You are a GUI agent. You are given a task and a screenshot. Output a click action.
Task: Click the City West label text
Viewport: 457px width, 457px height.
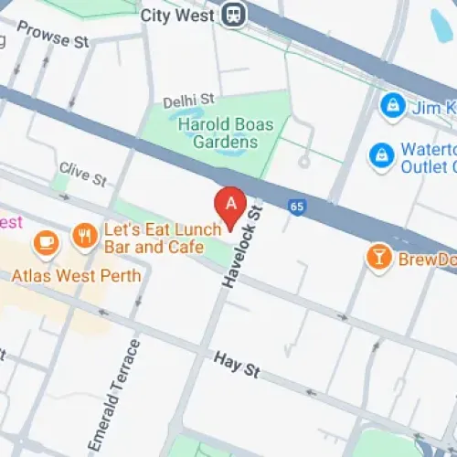click(x=179, y=16)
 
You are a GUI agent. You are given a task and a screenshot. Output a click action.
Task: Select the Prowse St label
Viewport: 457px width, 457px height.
click(x=53, y=38)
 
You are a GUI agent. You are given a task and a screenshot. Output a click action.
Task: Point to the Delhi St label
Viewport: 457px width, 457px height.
click(x=187, y=99)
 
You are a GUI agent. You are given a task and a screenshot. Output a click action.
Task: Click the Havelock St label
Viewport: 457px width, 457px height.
click(x=240, y=244)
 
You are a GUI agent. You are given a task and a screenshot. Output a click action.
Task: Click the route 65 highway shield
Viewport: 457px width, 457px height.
click(x=295, y=207)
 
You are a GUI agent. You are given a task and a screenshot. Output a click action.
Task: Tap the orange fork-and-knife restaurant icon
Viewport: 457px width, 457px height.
click(x=85, y=236)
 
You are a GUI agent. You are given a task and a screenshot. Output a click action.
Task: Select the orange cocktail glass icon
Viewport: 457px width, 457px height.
click(x=377, y=258)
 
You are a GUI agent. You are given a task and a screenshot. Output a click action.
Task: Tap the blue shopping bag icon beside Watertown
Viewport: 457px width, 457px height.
click(x=380, y=156)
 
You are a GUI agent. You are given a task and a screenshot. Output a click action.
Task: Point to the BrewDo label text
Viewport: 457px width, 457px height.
click(x=426, y=260)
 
